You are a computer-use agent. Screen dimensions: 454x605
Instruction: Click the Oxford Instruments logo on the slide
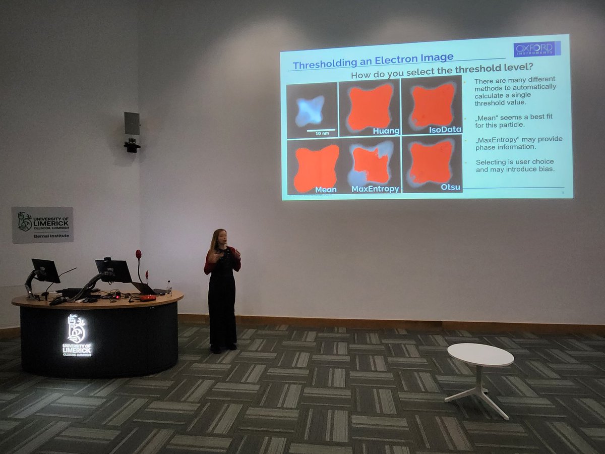tap(536, 49)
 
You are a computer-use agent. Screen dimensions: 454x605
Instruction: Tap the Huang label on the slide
tap(386, 131)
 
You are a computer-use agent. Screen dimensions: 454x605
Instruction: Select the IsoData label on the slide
tap(445, 130)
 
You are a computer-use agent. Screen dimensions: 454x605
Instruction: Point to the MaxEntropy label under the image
tap(375, 189)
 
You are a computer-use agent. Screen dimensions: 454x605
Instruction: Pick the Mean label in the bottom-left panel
tap(325, 190)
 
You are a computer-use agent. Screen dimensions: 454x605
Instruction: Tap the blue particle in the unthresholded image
tap(309, 110)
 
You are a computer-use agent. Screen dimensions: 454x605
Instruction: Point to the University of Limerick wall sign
tap(42, 224)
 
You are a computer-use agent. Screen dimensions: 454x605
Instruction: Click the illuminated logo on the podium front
tap(77, 335)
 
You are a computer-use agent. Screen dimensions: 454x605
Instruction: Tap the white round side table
tap(480, 355)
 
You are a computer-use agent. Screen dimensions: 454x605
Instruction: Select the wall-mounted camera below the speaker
tap(132, 146)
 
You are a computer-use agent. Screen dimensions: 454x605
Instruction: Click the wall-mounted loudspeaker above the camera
tap(132, 123)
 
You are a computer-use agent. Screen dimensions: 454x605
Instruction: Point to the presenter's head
tap(220, 237)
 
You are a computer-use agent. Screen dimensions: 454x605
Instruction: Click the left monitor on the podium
tap(45, 270)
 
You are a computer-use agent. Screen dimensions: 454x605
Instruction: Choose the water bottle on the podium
tap(169, 289)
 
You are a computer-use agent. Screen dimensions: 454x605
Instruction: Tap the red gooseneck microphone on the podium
tap(139, 255)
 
